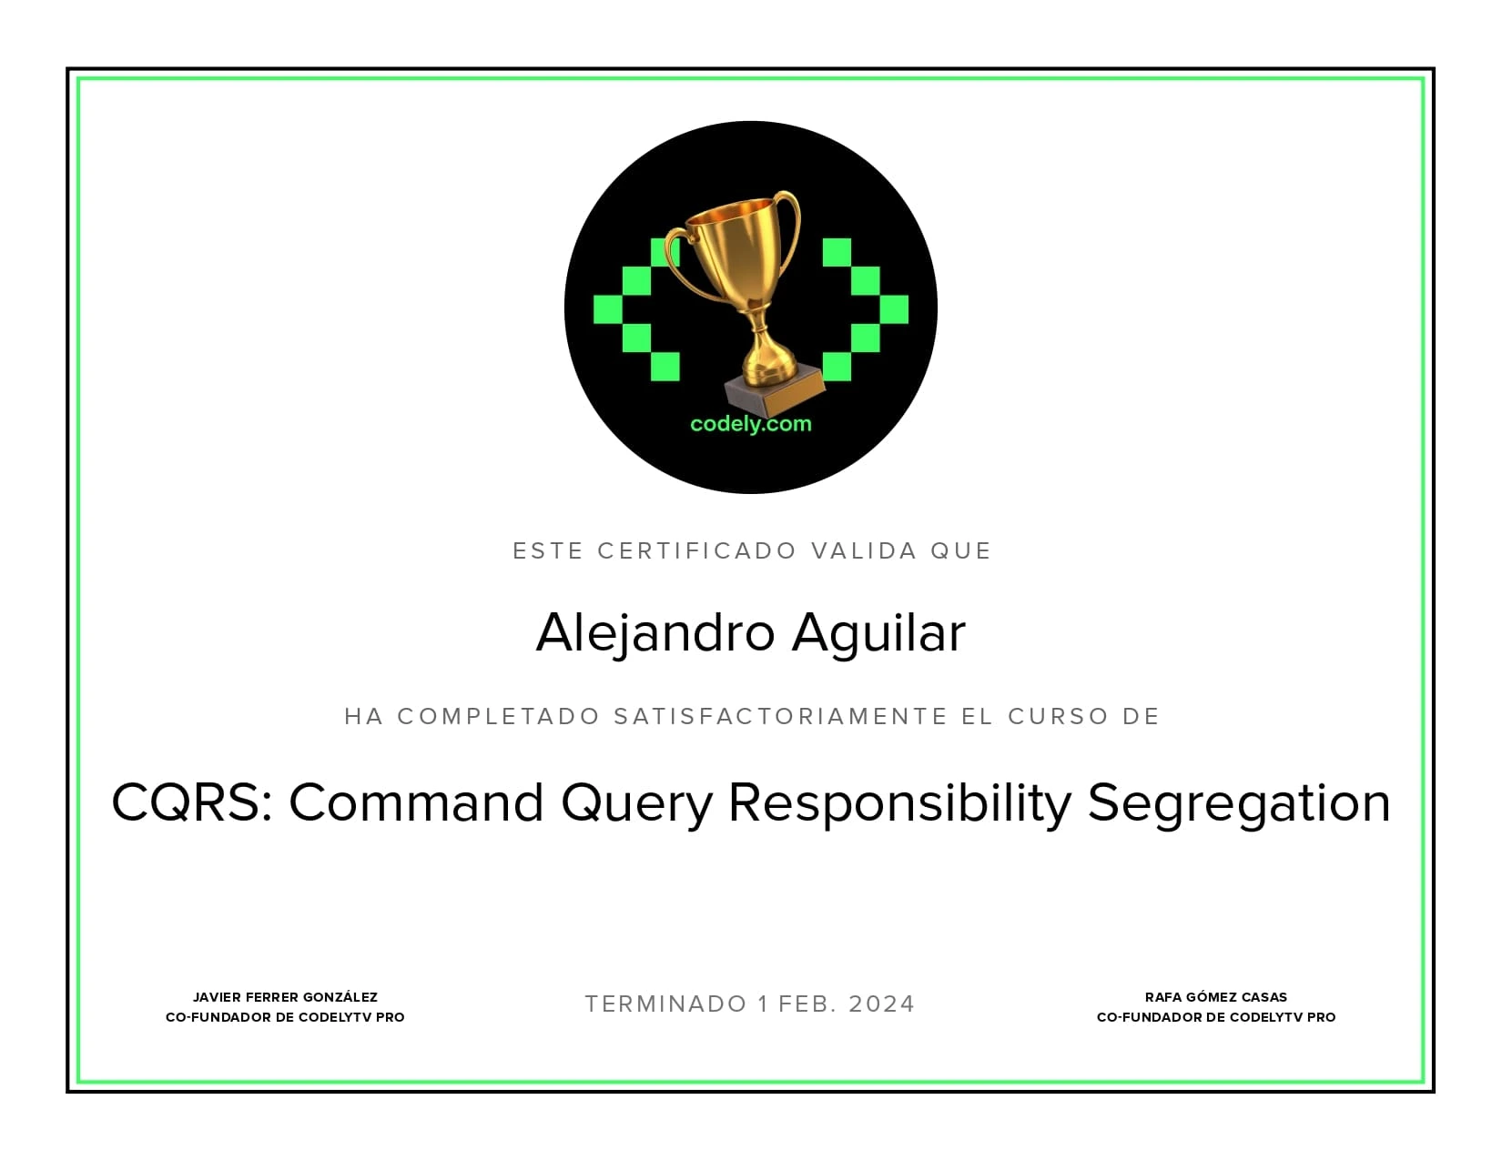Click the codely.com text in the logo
pyautogui.click(x=750, y=424)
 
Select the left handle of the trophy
pyautogui.click(x=677, y=259)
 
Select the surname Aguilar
pyautogui.click(x=878, y=633)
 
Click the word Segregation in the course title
pyautogui.click(x=1239, y=803)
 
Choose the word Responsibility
pyautogui.click(x=900, y=803)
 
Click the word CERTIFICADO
pyautogui.click(x=697, y=551)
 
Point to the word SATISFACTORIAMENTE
pyautogui.click(x=781, y=717)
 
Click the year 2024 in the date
pyautogui.click(x=881, y=1004)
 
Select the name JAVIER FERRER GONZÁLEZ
pyautogui.click(x=285, y=997)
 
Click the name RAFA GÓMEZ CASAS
pyautogui.click(x=1216, y=997)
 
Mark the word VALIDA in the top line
pyautogui.click(x=864, y=551)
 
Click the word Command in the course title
pyautogui.click(x=417, y=803)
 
